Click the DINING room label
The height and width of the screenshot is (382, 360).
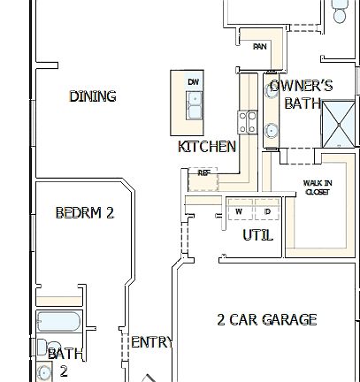tap(93, 95)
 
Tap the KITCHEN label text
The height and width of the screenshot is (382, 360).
tap(207, 147)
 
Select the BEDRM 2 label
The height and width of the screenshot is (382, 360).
tap(85, 213)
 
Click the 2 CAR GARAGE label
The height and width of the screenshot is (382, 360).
tap(266, 320)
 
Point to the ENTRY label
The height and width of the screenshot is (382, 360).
tap(151, 342)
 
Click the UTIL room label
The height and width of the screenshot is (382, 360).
tap(258, 236)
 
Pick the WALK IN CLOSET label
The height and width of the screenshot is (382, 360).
tap(318, 187)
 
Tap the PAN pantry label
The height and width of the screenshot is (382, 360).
tap(260, 47)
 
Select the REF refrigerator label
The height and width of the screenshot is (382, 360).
tap(204, 173)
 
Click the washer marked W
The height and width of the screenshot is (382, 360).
tap(239, 212)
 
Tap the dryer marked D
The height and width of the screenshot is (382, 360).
tap(266, 212)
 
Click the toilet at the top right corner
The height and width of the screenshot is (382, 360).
tap(341, 13)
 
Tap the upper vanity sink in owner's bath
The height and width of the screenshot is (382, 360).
tap(272, 88)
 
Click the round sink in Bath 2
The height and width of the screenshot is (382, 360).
tap(45, 372)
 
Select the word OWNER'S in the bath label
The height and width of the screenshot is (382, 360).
tap(301, 86)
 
